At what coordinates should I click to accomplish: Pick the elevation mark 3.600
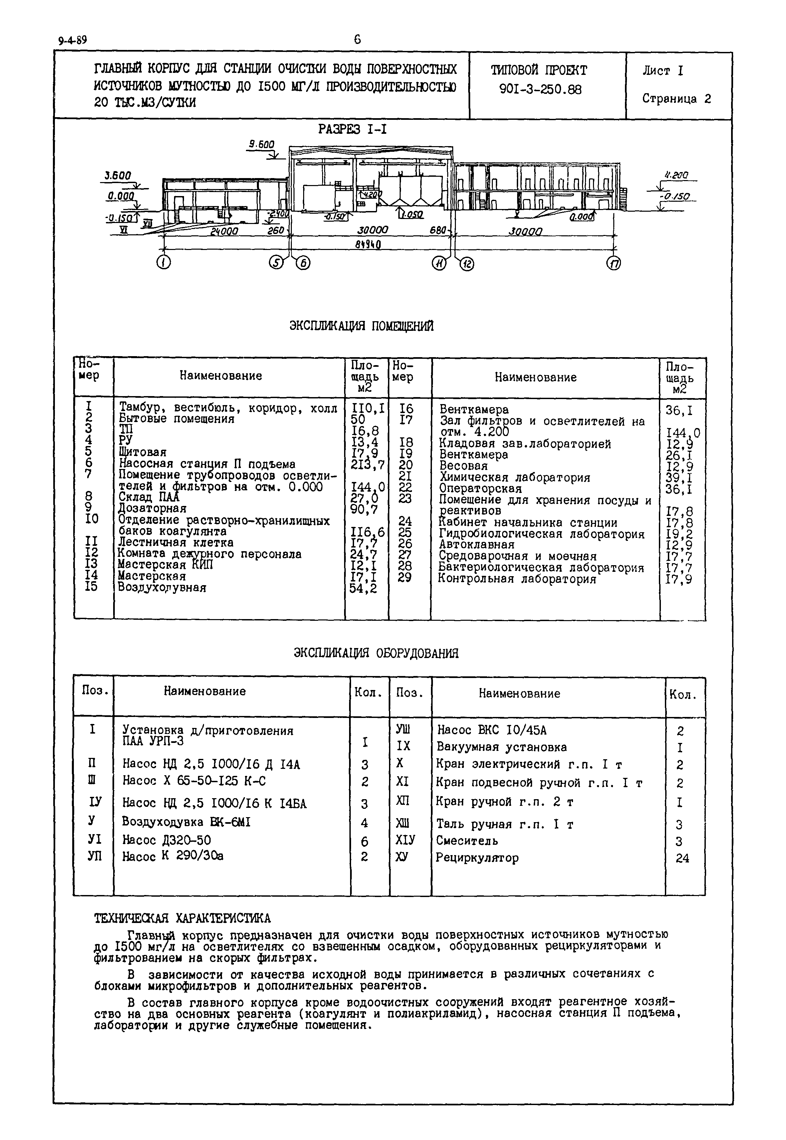pos(118,176)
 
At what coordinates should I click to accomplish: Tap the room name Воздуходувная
pos(162,588)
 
